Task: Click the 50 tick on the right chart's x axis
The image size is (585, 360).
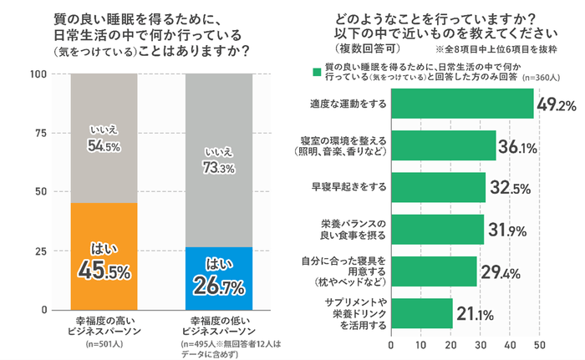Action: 539,342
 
